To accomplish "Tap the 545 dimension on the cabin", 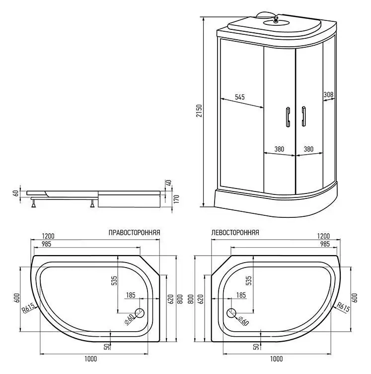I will coord(239,97).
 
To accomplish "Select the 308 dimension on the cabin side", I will coord(328,94).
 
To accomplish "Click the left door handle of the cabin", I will coord(287,117).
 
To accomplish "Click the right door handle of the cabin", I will coord(301,117).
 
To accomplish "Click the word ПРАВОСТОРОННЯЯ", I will coord(134,232).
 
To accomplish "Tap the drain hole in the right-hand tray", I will coord(139,313).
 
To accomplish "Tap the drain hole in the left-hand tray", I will coord(231,313).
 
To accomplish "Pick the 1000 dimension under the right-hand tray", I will coord(90,359).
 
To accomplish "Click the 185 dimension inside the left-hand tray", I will coord(241,295).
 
